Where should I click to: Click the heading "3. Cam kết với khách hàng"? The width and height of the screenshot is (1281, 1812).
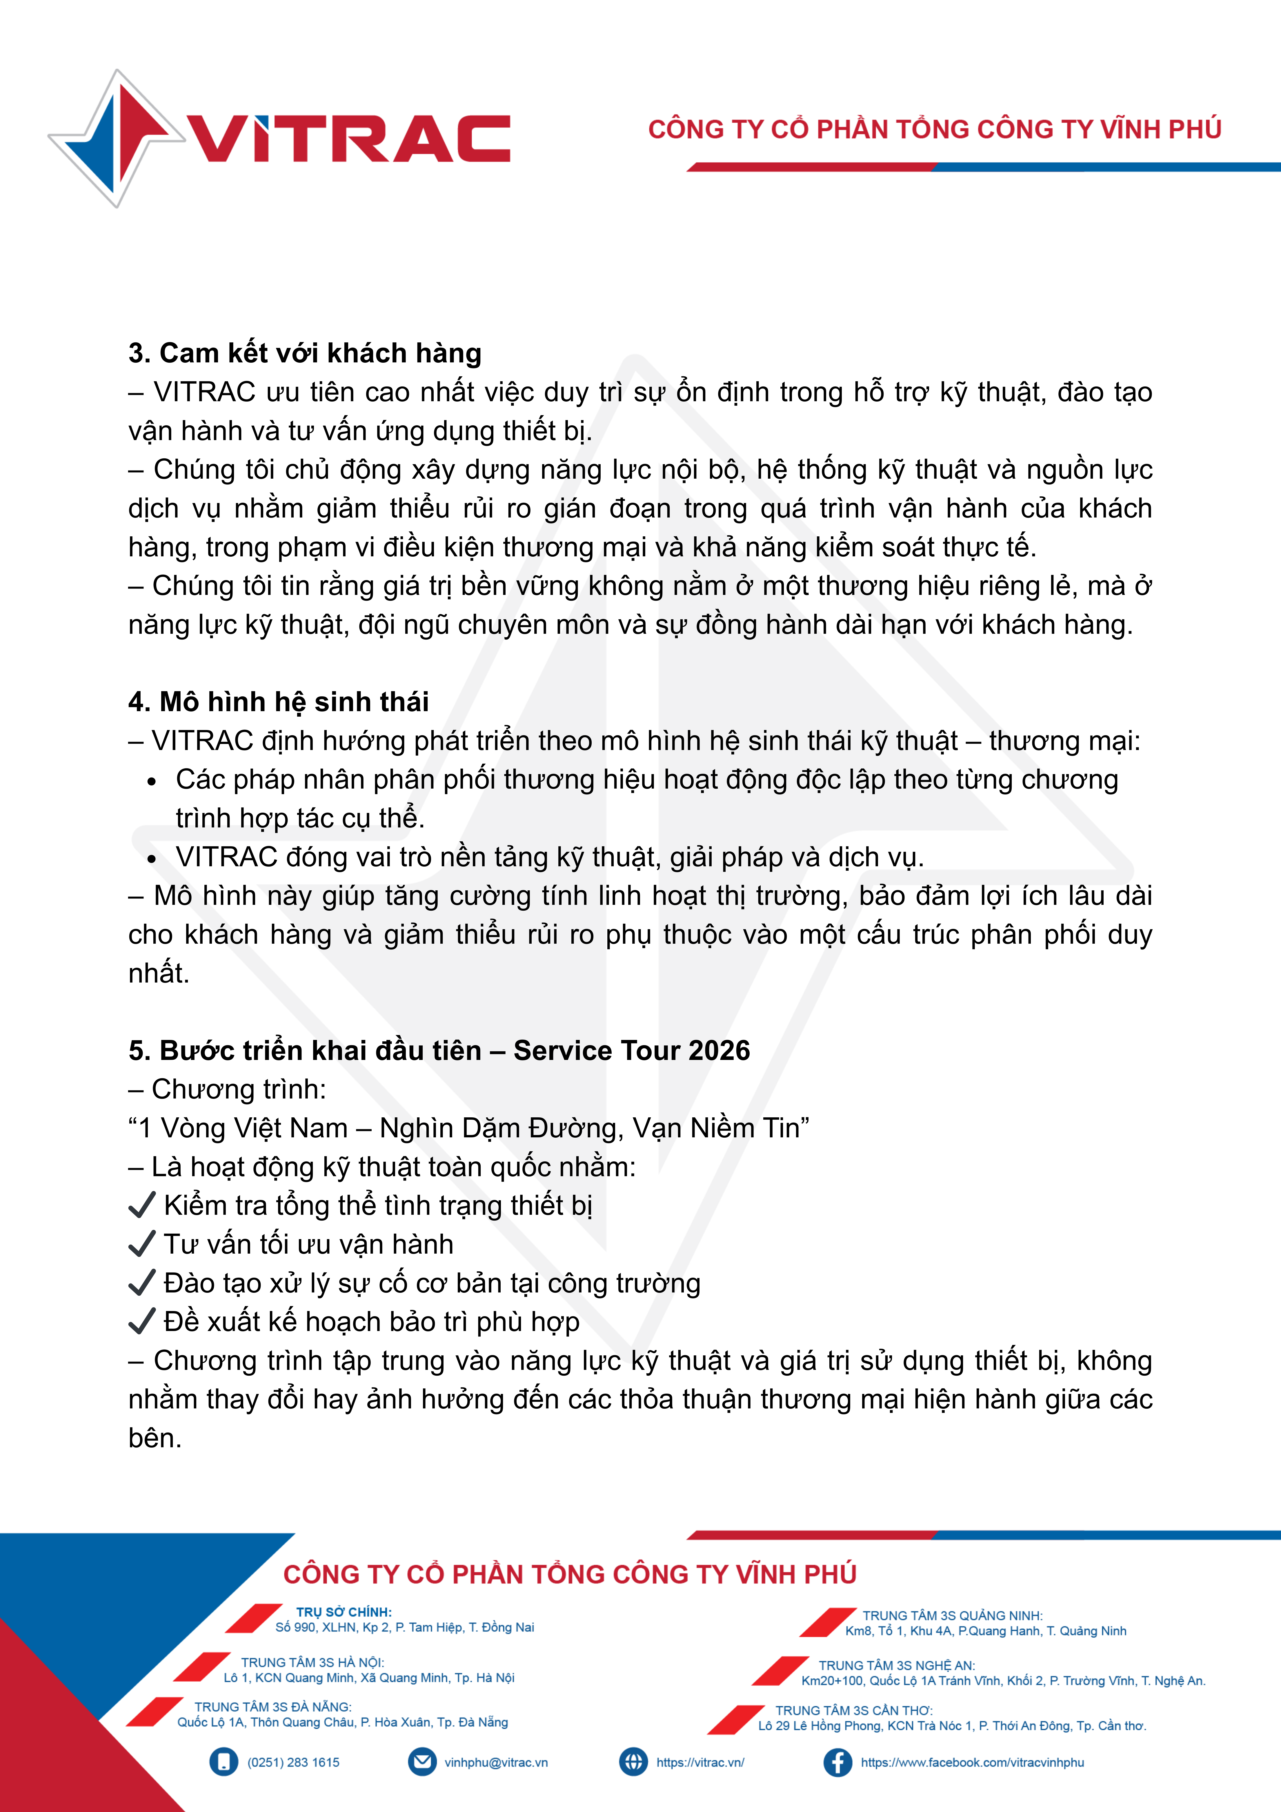point(305,353)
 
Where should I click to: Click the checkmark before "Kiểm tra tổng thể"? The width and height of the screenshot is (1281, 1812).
point(141,1206)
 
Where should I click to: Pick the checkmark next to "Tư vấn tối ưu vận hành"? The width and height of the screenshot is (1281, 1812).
point(141,1245)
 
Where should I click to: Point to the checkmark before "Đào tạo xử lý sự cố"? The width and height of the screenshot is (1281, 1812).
point(141,1283)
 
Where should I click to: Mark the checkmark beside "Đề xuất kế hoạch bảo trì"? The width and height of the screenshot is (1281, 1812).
point(141,1322)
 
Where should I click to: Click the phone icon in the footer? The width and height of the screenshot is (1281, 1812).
point(224,1762)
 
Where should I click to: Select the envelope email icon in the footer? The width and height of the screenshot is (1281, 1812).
point(422,1762)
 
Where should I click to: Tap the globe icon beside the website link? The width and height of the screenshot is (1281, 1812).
point(633,1762)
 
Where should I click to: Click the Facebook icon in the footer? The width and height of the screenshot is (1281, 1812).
point(837,1762)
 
